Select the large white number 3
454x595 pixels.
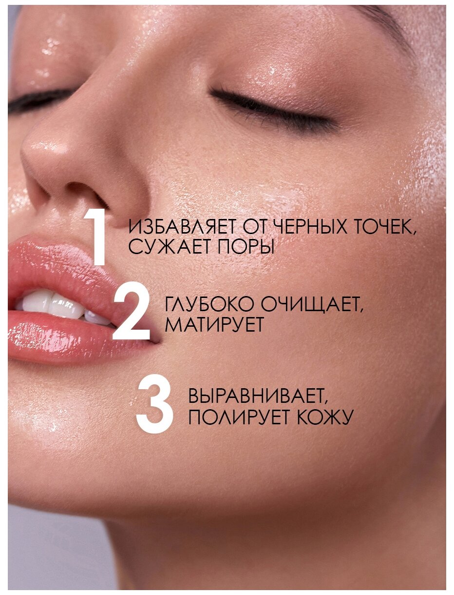(x=154, y=404)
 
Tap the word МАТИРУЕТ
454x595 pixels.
(x=214, y=324)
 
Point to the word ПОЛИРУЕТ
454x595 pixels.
(x=239, y=416)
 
